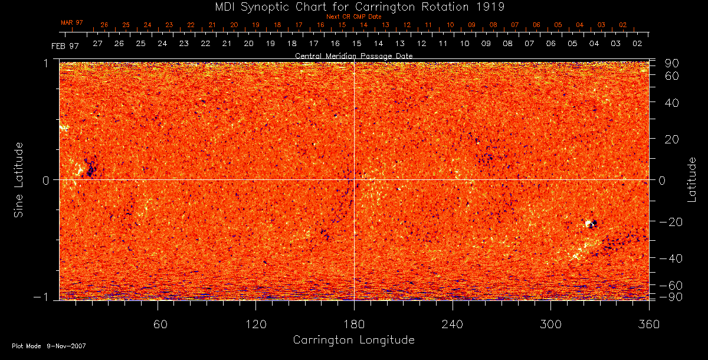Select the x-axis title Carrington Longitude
tap(353, 340)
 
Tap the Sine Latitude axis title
tap(19, 179)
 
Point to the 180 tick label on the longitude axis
tap(354, 325)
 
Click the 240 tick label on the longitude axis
tap(453, 325)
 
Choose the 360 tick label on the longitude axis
tap(648, 325)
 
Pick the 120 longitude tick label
tap(255, 325)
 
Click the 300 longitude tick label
tap(550, 325)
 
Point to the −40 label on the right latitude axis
tap(670, 258)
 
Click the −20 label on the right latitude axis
tap(670, 222)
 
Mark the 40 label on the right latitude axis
tap(673, 103)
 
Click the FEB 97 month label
tap(65, 46)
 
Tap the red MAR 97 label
tap(72, 22)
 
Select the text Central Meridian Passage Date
tap(353, 55)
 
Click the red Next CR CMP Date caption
tap(353, 17)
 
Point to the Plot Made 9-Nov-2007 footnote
tap(49, 346)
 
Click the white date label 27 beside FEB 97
tap(97, 44)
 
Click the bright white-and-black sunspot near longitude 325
tap(591, 224)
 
